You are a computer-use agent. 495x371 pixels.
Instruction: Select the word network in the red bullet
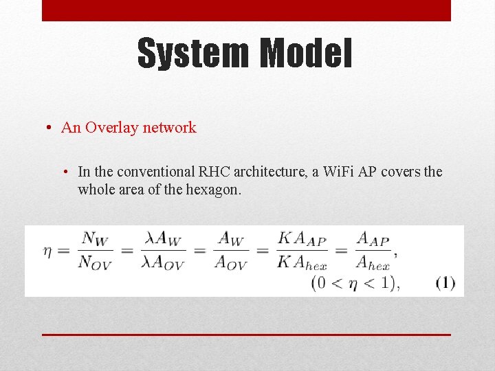pyautogui.click(x=170, y=128)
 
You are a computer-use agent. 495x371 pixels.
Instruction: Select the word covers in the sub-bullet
pyautogui.click(x=399, y=172)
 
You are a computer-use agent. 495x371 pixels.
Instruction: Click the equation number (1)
pyautogui.click(x=445, y=282)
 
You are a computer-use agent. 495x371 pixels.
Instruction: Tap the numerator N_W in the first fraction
pyautogui.click(x=94, y=238)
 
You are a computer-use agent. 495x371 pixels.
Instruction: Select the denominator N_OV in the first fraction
pyautogui.click(x=94, y=262)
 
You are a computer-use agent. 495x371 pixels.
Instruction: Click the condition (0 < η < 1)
pyautogui.click(x=355, y=282)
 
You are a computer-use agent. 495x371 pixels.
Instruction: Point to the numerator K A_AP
pyautogui.click(x=302, y=239)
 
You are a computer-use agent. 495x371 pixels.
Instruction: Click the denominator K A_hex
pyautogui.click(x=302, y=262)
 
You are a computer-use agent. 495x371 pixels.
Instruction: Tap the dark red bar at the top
pyautogui.click(x=246, y=10)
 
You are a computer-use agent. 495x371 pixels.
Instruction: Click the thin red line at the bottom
pyautogui.click(x=246, y=334)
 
